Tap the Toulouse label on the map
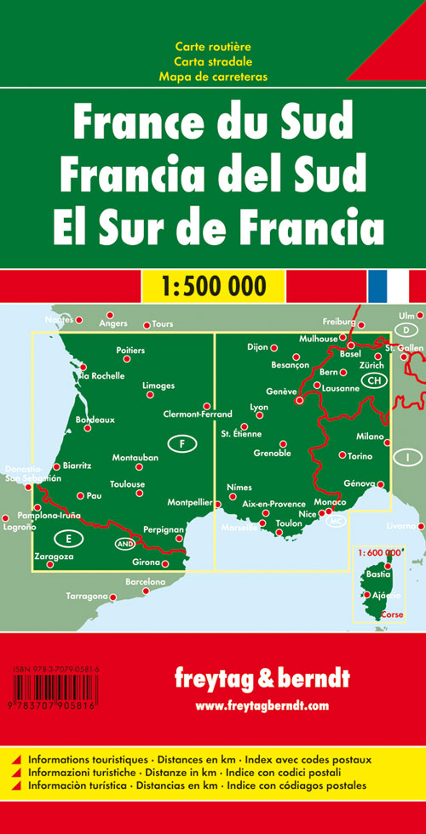(x=128, y=484)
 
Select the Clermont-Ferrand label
(x=197, y=414)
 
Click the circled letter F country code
(x=181, y=443)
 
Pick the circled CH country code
(x=373, y=381)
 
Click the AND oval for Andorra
(x=124, y=544)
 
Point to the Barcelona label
(x=145, y=581)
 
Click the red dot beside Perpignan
(x=179, y=538)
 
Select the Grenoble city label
(x=272, y=453)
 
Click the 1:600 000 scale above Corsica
(x=375, y=529)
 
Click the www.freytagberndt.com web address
(x=261, y=705)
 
